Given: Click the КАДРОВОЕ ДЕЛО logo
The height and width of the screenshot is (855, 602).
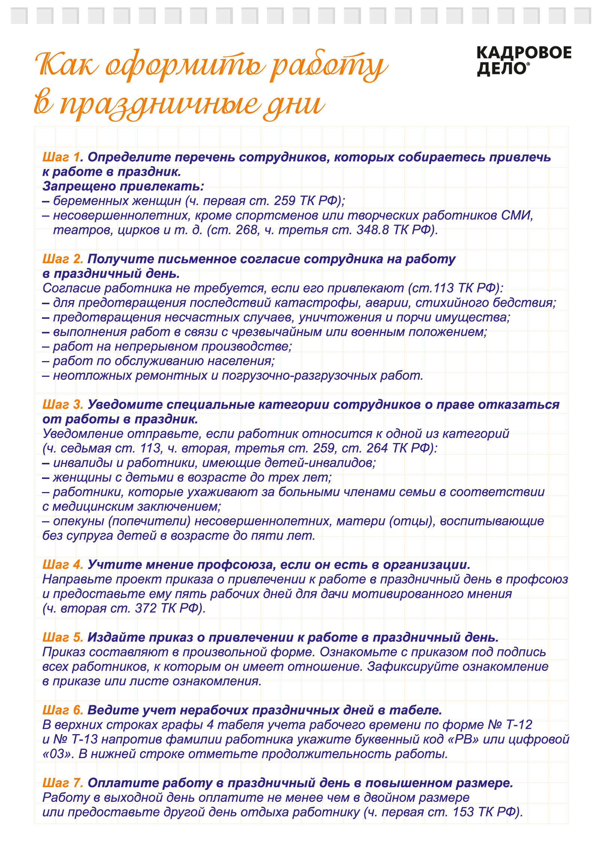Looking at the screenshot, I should pyautogui.click(x=523, y=61).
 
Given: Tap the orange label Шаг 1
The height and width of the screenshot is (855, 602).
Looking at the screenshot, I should pyautogui.click(x=61, y=157).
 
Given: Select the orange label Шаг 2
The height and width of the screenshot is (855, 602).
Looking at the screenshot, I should pyautogui.click(x=62, y=259).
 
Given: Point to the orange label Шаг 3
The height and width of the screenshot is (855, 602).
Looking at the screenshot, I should pyautogui.click(x=62, y=404).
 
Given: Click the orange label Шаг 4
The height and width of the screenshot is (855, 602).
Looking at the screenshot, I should pyautogui.click(x=62, y=565).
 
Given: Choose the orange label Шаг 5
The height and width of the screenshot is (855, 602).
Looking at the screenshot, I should pyautogui.click(x=62, y=637).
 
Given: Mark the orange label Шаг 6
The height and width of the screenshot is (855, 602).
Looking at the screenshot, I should pyautogui.click(x=62, y=710).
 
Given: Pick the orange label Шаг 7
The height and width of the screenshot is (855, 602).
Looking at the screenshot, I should pyautogui.click(x=62, y=783).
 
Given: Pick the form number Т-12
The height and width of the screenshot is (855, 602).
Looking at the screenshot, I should pyautogui.click(x=519, y=725).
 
